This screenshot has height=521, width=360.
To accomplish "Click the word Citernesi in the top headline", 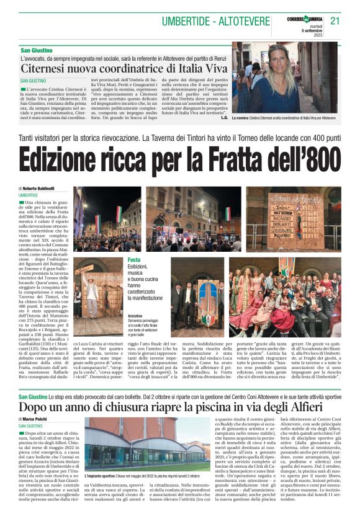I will [x=43, y=68].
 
